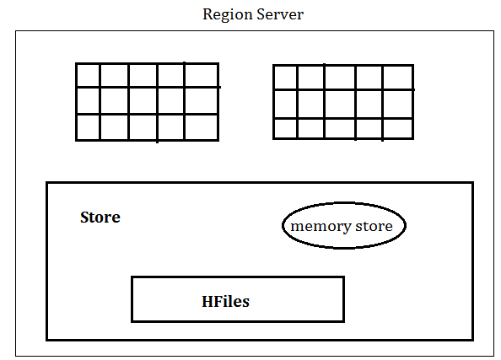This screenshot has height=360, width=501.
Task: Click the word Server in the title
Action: pos(280,14)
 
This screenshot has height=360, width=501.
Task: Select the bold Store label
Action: pos(100,218)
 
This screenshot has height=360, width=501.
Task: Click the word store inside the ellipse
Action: pos(374,226)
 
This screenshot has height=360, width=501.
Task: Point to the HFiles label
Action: pos(225,302)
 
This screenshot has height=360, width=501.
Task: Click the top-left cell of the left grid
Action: pos(89,75)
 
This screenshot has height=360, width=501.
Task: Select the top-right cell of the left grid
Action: pos(202,75)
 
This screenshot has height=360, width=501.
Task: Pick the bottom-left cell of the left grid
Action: pos(89,126)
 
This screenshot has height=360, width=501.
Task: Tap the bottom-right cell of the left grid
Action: pos(202,126)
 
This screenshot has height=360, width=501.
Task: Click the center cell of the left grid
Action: pos(143,100)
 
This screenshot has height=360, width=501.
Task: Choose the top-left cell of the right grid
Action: pos(286,78)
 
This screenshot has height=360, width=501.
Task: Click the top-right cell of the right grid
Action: pos(398,78)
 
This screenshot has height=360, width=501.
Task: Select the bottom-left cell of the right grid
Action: pos(286,128)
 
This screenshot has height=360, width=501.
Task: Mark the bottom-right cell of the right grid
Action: pos(398,128)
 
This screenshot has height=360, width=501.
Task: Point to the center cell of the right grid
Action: pos(340,105)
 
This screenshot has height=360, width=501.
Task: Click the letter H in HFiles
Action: pos(208,301)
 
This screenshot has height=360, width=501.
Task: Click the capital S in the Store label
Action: pos(84,218)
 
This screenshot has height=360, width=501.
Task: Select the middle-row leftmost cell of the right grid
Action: pos(286,105)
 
